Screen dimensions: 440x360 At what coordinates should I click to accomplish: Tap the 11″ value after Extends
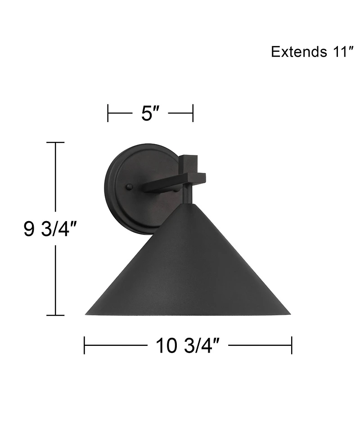point(338,52)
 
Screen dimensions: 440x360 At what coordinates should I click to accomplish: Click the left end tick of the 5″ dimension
point(108,113)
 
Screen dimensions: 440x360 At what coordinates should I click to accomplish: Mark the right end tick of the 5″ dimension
point(193,113)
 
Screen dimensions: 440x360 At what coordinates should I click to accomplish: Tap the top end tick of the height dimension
point(55,142)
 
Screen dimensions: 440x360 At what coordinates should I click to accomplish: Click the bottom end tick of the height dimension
point(55,315)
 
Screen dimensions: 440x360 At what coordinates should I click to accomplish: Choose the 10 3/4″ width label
point(188,346)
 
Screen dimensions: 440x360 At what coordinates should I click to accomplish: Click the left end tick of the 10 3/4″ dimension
point(85,346)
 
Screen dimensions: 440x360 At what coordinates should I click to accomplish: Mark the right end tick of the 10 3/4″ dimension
point(292,346)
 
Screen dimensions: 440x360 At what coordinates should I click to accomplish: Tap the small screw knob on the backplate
point(130,187)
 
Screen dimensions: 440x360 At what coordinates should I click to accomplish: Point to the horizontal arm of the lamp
point(162,184)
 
